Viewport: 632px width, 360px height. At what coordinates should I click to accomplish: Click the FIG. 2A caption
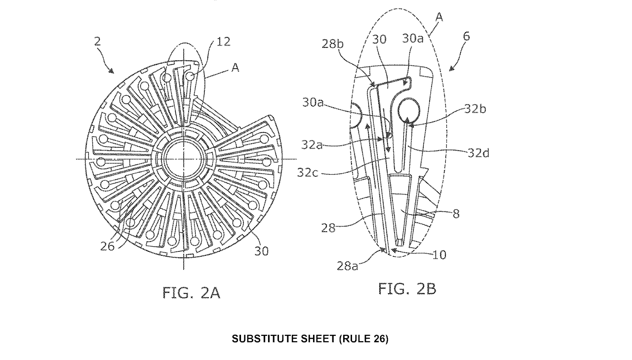coord(191,293)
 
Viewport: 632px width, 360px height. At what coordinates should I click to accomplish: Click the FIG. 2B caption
coord(407,288)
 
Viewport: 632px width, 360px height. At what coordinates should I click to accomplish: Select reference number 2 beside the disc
coord(97,42)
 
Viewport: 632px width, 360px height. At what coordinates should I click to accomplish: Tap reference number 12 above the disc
coord(223,41)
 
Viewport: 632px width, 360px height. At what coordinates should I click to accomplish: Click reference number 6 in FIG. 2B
coord(467,36)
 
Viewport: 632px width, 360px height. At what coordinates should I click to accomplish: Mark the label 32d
coord(479,153)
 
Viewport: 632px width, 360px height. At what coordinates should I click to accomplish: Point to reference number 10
coord(438,255)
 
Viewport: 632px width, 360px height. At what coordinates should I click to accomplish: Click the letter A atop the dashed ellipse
coord(438,18)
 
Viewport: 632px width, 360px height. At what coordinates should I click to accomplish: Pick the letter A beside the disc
coord(235,69)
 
